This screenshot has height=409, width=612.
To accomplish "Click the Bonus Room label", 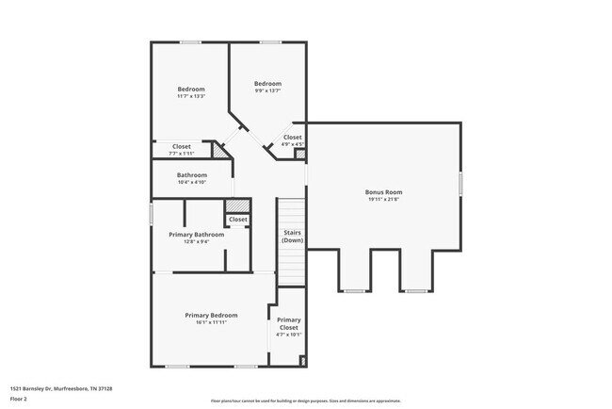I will click(383, 192).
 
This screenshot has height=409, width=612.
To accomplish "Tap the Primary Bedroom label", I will click(211, 315).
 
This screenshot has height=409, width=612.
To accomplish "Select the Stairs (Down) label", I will click(292, 236).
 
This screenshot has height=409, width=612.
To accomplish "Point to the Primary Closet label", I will click(289, 323).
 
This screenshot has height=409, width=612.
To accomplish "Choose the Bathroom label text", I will click(192, 175).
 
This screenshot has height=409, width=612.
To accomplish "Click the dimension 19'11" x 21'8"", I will click(383, 199).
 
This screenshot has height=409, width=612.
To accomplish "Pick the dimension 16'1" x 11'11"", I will click(211, 322).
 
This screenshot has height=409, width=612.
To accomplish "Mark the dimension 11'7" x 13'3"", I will click(191, 96).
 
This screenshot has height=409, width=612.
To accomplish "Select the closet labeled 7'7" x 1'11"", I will click(182, 153).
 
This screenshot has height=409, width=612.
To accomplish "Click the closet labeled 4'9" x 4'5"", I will click(293, 144).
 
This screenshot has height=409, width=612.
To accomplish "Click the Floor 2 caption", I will click(19, 398).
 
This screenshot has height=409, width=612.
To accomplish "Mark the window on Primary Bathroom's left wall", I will click(152, 214).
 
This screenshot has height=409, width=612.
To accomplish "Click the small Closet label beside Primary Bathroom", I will click(238, 220).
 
